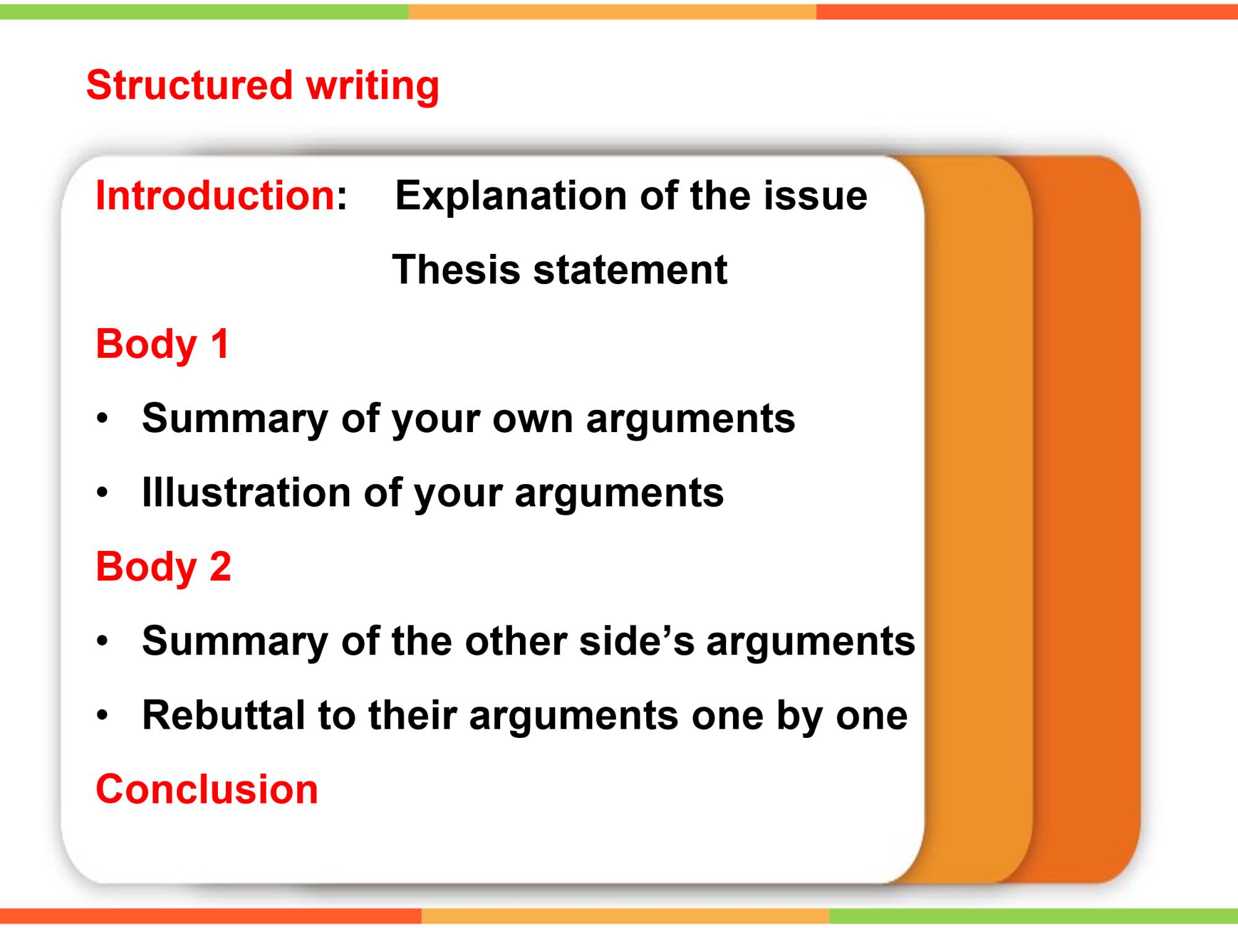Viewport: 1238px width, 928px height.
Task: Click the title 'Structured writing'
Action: click(262, 86)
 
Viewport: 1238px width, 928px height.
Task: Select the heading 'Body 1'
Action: click(162, 345)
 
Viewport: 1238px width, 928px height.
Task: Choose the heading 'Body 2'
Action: click(163, 568)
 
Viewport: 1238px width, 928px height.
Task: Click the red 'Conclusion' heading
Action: click(207, 789)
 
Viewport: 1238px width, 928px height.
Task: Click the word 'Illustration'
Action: click(246, 493)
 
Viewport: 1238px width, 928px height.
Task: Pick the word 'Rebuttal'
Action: click(223, 715)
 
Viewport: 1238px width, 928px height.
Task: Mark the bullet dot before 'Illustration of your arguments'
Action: click(103, 493)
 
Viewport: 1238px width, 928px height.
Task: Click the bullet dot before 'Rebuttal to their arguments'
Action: click(103, 716)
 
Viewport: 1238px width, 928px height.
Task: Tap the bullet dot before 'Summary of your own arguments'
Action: click(103, 419)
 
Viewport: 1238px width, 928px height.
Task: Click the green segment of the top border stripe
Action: click(204, 12)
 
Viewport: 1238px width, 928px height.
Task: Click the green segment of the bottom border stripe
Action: click(1034, 916)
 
